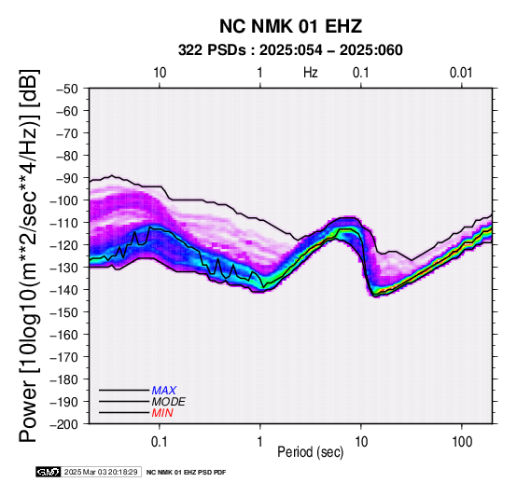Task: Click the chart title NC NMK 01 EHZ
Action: [x=291, y=26]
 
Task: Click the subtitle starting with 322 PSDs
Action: [x=290, y=50]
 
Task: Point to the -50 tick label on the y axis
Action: [x=67, y=89]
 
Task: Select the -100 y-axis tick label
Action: [x=64, y=200]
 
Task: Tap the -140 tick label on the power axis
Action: [x=64, y=290]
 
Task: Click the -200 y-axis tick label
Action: [x=64, y=424]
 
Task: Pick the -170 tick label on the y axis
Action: [x=64, y=357]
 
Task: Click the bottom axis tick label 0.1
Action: [x=160, y=442]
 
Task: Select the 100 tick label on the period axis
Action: [x=462, y=442]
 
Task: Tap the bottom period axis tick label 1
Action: [x=260, y=442]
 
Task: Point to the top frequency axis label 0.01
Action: [x=461, y=73]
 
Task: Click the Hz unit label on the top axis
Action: [x=311, y=73]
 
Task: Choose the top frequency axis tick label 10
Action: [x=160, y=73]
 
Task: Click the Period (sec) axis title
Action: [x=310, y=452]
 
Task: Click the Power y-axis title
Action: [x=29, y=255]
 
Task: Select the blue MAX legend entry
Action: [x=164, y=391]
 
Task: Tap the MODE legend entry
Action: [x=169, y=402]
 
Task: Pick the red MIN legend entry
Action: [x=162, y=413]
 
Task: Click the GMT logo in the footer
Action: [x=49, y=472]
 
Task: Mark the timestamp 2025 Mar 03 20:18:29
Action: [x=101, y=472]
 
